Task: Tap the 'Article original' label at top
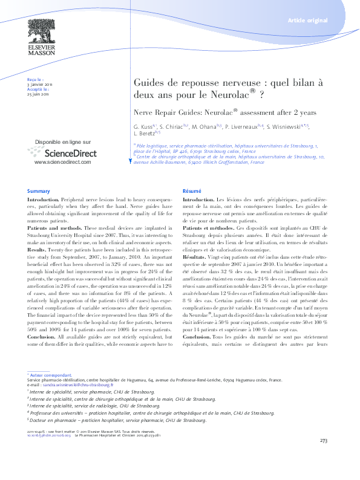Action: point(308,21)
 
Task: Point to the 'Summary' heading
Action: point(38,190)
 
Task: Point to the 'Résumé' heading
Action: point(192,190)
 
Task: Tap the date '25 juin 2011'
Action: point(38,94)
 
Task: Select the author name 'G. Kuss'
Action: point(142,128)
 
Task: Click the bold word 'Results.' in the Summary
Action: point(37,248)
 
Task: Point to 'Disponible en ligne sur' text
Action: point(63,141)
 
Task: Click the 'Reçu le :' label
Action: point(36,79)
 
